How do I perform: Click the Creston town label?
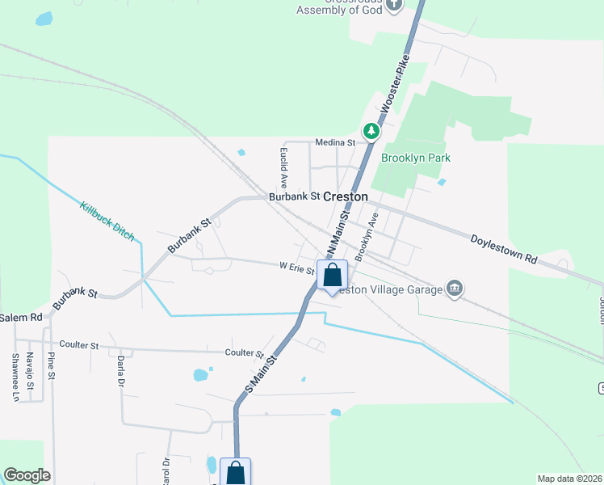click(346, 196)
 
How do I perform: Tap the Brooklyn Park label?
click(415, 158)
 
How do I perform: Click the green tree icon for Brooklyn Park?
click(371, 131)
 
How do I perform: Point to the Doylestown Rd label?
click(504, 249)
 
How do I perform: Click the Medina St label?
click(335, 142)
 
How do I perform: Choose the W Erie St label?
click(296, 266)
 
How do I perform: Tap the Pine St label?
click(51, 365)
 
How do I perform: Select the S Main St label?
click(262, 373)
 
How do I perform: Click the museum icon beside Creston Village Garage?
click(455, 289)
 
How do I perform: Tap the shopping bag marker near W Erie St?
click(332, 276)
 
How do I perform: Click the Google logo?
click(27, 475)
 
